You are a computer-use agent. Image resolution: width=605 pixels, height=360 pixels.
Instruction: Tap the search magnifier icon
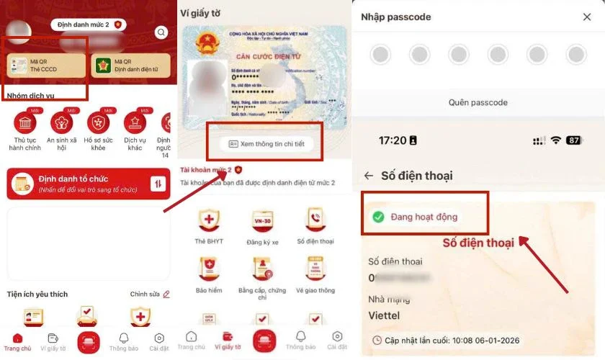pyautogui.click(x=161, y=32)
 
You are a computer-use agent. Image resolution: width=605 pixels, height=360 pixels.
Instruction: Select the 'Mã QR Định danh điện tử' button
pyautogui.click(x=130, y=66)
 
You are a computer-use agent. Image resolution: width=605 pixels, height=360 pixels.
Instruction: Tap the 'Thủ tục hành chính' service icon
pyautogui.click(x=25, y=123)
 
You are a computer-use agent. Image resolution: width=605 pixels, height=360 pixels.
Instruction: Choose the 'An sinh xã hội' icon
pyautogui.click(x=62, y=123)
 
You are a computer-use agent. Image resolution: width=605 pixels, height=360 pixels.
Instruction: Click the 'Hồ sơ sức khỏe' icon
pyautogui.click(x=98, y=123)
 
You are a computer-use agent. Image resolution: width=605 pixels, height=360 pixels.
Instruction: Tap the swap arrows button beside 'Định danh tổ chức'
pyautogui.click(x=158, y=184)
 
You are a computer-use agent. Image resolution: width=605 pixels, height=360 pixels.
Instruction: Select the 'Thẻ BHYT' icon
pyautogui.click(x=209, y=220)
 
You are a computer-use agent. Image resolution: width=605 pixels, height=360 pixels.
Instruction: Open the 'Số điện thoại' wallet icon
pyautogui.click(x=315, y=220)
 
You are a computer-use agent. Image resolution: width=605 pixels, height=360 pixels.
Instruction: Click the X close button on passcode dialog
pyautogui.click(x=586, y=17)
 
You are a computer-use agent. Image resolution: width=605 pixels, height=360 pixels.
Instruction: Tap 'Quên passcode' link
pyautogui.click(x=478, y=102)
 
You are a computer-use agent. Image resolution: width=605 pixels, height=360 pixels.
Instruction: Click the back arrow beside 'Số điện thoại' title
pyautogui.click(x=369, y=175)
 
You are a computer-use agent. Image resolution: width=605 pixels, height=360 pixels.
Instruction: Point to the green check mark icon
pyautogui.click(x=377, y=216)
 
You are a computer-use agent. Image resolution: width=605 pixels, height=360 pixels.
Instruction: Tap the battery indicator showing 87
pyautogui.click(x=573, y=140)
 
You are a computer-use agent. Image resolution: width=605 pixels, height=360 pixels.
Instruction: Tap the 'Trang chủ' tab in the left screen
pyautogui.click(x=18, y=341)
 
